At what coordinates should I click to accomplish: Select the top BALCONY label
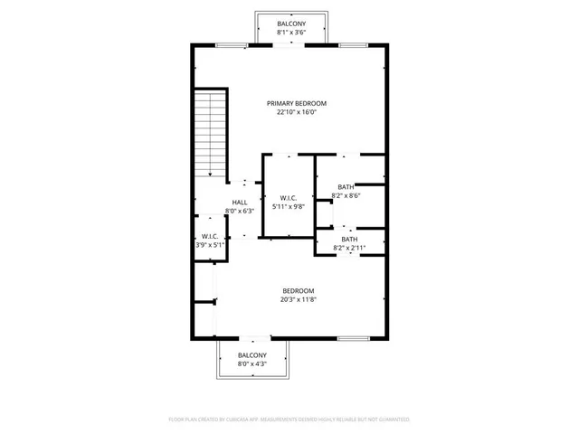289,24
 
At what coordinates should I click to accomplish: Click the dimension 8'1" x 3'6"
289,33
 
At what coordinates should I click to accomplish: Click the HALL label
240,203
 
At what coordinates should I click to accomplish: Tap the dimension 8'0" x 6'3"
240,211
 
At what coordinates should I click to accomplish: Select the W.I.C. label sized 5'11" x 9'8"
289,198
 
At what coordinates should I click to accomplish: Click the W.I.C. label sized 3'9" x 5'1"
209,236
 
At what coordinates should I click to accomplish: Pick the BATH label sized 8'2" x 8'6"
346,186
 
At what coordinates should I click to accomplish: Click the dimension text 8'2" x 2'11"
349,247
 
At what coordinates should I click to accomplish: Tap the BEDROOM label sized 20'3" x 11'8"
298,290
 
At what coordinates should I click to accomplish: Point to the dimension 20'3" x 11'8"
298,299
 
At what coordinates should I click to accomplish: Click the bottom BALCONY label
252,355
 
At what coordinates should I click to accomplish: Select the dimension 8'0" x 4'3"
252,364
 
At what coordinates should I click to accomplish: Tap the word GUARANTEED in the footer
392,420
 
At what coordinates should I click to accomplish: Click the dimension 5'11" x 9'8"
289,207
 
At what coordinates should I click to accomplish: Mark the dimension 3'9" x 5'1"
209,245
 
